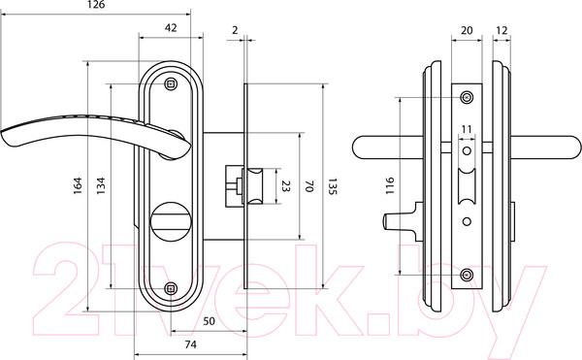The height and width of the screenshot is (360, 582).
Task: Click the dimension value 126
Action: click(x=96, y=5)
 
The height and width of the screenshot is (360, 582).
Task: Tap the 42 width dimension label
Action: click(x=171, y=28)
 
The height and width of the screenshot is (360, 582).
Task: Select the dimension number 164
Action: click(x=78, y=185)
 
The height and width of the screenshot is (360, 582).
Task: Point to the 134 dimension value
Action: click(x=101, y=185)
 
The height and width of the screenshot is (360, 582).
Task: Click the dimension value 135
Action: click(x=332, y=186)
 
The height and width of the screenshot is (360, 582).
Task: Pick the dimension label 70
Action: click(x=309, y=186)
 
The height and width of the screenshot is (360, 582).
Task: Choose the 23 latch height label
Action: click(x=285, y=186)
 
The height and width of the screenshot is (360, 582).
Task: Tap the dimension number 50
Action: click(x=209, y=321)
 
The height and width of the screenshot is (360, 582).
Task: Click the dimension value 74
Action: click(x=190, y=344)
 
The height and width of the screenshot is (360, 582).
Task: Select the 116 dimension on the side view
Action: click(x=389, y=185)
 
